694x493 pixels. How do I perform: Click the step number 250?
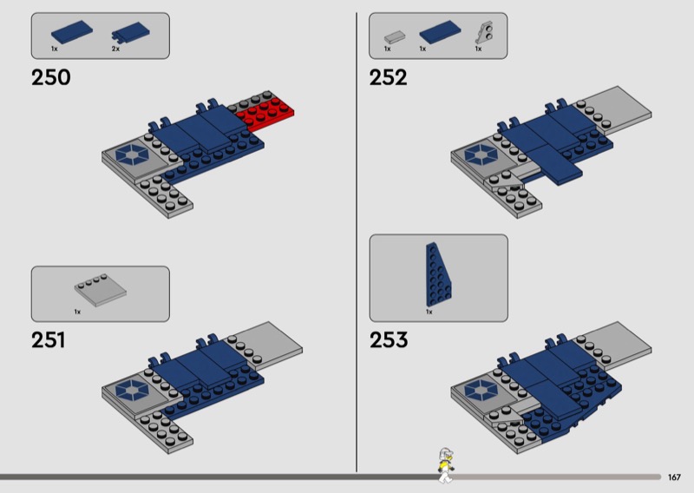[x=51, y=77]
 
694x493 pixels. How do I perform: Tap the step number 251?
[x=49, y=340]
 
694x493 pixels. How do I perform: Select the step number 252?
[x=388, y=77]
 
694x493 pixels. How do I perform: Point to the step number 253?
[x=389, y=340]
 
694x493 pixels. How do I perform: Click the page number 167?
[x=674, y=477]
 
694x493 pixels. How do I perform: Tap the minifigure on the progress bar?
[x=446, y=465]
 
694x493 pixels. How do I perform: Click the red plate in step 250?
[x=265, y=112]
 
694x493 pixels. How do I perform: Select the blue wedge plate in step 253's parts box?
[x=438, y=274]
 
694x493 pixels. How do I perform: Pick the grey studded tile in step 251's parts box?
[x=101, y=290]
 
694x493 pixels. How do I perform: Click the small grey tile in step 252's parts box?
[x=395, y=36]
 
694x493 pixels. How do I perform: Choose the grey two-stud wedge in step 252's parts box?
[x=484, y=33]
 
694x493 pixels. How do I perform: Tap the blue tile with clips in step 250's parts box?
[x=131, y=33]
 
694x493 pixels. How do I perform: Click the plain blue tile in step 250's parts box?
[x=72, y=32]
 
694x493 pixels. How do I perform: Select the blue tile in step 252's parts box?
[x=440, y=32]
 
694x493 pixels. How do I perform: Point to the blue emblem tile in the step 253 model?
[x=481, y=390]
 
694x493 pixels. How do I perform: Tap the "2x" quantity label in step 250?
[x=115, y=49]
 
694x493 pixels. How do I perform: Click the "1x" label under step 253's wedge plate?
[x=429, y=312]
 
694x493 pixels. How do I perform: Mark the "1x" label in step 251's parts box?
[x=77, y=312]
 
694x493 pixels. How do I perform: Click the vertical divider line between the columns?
[x=357, y=242]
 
